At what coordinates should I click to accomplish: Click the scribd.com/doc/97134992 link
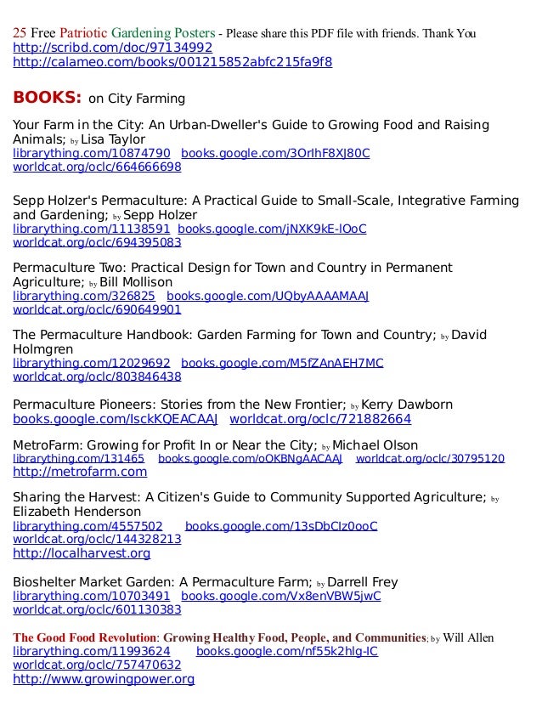tap(112, 48)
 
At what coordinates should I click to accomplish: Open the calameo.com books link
tap(172, 62)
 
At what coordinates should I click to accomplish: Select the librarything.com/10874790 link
tap(91, 154)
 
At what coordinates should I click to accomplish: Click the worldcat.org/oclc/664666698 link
tap(97, 167)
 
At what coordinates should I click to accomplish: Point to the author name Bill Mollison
tap(136, 282)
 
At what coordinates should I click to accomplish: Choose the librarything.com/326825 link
tap(83, 296)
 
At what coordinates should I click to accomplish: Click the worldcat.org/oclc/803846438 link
tap(97, 376)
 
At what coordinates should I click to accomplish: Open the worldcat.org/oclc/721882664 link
tap(320, 419)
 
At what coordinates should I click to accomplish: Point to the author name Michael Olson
tap(375, 445)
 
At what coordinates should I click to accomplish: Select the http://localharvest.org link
tap(82, 553)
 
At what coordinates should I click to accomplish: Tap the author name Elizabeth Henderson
tap(76, 512)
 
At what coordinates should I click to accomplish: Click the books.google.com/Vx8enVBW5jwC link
tap(281, 596)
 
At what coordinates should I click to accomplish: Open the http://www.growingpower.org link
tap(104, 679)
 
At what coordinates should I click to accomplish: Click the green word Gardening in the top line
tap(153, 33)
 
